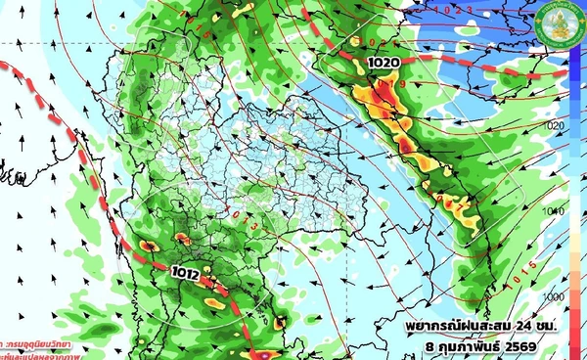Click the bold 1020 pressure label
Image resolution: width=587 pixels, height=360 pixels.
tap(384, 63)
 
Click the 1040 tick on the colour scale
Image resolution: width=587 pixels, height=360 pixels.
tap(555, 211)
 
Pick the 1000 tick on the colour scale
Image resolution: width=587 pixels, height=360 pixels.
tap(555, 294)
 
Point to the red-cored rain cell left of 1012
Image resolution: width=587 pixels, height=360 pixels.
tap(147, 247)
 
